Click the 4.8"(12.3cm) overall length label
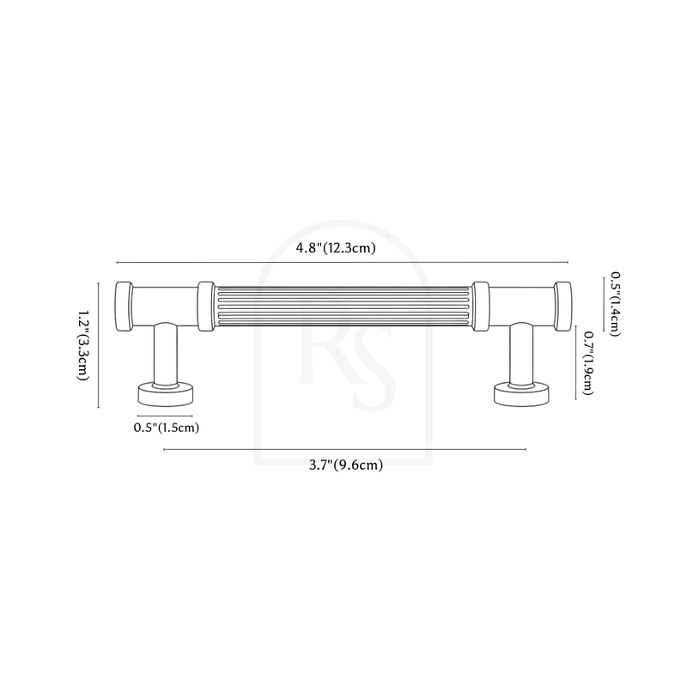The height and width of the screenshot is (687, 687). pos(336,248)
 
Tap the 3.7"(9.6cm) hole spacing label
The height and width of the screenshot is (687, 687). pos(346,465)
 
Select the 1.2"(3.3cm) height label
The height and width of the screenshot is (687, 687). pos(83,346)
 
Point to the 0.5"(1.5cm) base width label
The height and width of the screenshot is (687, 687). pos(167,427)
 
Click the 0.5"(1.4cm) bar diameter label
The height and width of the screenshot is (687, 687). pos(615,304)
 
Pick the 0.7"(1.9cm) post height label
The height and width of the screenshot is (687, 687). pos(588,362)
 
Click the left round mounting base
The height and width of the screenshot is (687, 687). pos(166,394)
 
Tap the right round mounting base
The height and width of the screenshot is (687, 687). pos(521,394)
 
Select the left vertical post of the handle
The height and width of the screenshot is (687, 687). pos(166,355)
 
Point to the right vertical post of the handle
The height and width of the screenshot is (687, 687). pos(521,355)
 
